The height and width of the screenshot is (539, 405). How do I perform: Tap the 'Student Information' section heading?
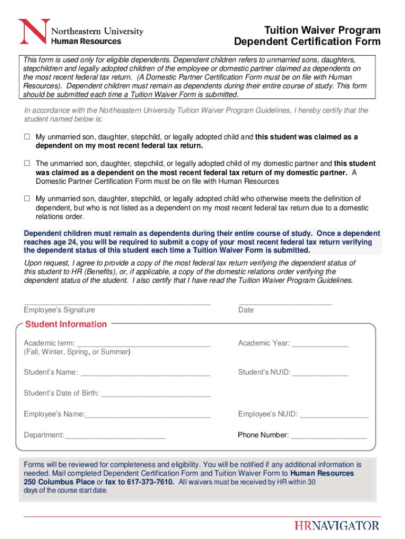[66, 324]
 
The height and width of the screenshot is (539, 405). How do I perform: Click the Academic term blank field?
[143, 344]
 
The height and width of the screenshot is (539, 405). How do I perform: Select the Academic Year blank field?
[320, 344]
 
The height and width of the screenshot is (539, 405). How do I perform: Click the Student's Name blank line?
[145, 373]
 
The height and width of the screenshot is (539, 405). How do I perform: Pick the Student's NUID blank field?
[320, 373]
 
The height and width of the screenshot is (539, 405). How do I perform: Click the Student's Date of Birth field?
[156, 393]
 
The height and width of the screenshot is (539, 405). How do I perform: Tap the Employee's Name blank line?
[148, 415]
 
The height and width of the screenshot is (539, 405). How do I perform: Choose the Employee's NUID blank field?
[334, 415]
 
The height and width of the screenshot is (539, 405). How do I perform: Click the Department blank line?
[115, 435]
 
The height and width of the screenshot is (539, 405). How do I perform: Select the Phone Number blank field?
[329, 435]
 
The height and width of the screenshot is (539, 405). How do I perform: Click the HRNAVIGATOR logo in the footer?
[337, 525]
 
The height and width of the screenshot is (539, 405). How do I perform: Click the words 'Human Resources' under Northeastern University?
[86, 41]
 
